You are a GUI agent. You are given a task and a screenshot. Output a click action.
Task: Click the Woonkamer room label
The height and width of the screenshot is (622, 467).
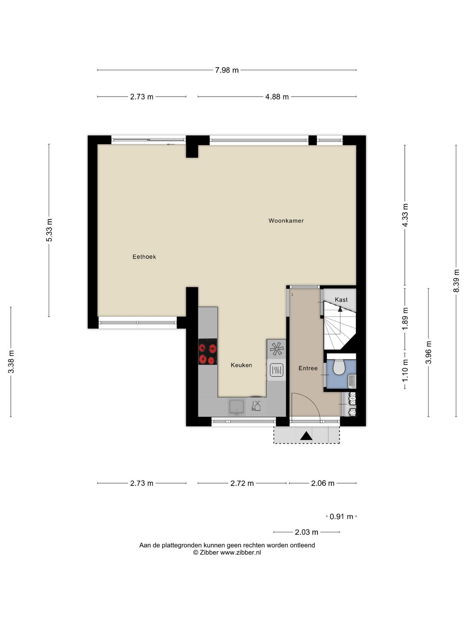pyautogui.click(x=286, y=221)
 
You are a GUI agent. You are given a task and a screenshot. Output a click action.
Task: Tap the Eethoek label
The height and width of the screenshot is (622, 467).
pyautogui.click(x=144, y=257)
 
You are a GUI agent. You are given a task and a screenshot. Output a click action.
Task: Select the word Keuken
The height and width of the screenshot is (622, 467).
pyautogui.click(x=241, y=365)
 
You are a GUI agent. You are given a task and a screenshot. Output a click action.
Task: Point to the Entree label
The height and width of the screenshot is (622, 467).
pyautogui.click(x=308, y=368)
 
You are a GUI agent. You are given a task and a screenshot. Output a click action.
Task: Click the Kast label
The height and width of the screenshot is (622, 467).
pyautogui.click(x=341, y=299)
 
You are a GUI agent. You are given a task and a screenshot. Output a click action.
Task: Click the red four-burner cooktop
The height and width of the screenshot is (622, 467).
pyautogui.click(x=208, y=352)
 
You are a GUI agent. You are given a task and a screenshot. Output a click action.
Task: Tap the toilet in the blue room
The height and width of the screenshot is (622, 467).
pyautogui.click(x=339, y=367)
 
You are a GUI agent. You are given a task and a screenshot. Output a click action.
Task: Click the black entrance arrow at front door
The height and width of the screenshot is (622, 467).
pyautogui.click(x=306, y=436)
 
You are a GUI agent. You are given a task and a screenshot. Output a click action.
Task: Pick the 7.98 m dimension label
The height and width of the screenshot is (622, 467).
pyautogui.click(x=227, y=70)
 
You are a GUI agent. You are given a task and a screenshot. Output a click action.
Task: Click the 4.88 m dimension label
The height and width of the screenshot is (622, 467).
pyautogui.click(x=277, y=97)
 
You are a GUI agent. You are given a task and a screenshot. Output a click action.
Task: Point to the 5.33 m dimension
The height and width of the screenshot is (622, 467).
pyautogui.click(x=49, y=230)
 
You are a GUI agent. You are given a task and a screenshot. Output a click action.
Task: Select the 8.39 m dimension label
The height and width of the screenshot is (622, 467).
pyautogui.click(x=456, y=281)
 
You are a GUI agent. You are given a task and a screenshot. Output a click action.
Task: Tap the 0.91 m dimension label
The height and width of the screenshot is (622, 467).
pyautogui.click(x=341, y=517)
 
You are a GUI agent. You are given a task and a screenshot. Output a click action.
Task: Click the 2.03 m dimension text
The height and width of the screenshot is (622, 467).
pyautogui.click(x=306, y=532)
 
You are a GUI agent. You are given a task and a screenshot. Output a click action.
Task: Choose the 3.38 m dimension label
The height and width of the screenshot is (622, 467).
pyautogui.click(x=11, y=362)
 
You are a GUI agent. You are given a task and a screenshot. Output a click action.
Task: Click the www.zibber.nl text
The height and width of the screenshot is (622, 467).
pyautogui.click(x=240, y=552)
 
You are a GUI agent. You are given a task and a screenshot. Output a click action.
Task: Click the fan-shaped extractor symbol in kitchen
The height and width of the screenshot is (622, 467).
pyautogui.click(x=276, y=349)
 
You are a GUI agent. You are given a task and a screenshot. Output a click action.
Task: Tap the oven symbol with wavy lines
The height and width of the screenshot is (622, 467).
pyautogui.click(x=276, y=369)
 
